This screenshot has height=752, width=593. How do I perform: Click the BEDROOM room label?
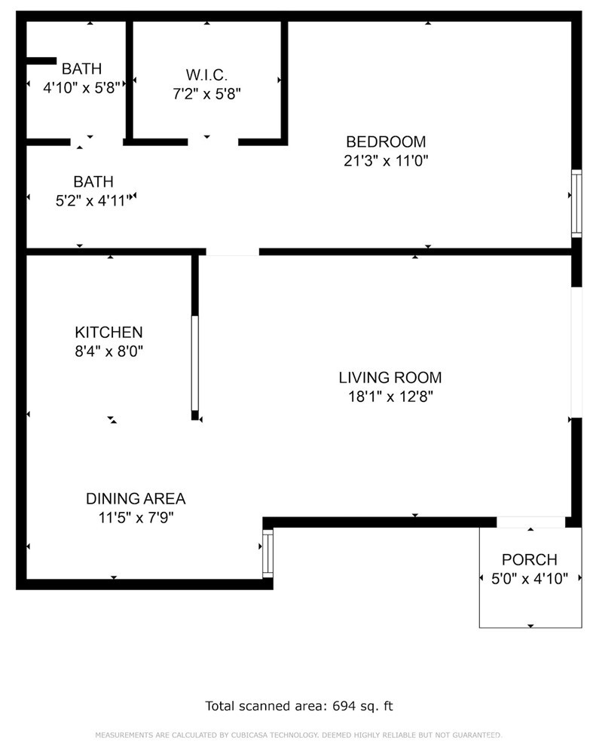pyautogui.click(x=386, y=142)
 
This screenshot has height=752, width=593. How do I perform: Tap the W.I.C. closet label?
pyautogui.click(x=206, y=75)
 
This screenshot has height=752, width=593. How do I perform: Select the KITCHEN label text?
pyautogui.click(x=109, y=333)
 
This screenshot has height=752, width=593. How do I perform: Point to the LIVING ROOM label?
pyautogui.click(x=390, y=378)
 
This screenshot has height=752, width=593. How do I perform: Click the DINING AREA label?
pyautogui.click(x=136, y=499)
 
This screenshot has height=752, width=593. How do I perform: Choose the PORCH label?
pyautogui.click(x=529, y=560)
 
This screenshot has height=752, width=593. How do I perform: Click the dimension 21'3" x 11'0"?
pyautogui.click(x=386, y=160)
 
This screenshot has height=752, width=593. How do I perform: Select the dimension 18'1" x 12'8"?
pyautogui.click(x=390, y=397)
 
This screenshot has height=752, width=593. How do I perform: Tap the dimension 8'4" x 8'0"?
pyautogui.click(x=109, y=352)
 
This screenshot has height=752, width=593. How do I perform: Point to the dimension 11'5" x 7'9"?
pyautogui.click(x=136, y=518)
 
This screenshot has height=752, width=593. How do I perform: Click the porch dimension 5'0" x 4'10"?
pyautogui.click(x=529, y=579)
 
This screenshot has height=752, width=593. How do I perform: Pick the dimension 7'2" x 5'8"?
pyautogui.click(x=206, y=93)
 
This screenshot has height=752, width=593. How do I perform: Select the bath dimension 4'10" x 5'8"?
pyautogui.click(x=81, y=88)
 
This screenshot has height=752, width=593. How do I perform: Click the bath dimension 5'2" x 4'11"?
pyautogui.click(x=93, y=200)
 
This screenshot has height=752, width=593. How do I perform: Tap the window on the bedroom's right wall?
pyautogui.click(x=576, y=203)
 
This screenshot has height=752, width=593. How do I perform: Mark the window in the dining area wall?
pyautogui.click(x=268, y=553)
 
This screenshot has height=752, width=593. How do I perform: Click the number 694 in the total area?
pyautogui.click(x=344, y=706)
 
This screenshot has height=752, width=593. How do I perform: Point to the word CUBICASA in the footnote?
pyautogui.click(x=249, y=735)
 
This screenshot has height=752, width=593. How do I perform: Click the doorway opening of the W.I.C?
pyautogui.click(x=212, y=142)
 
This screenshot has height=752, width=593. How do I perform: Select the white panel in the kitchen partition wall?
pyautogui.click(x=195, y=363)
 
